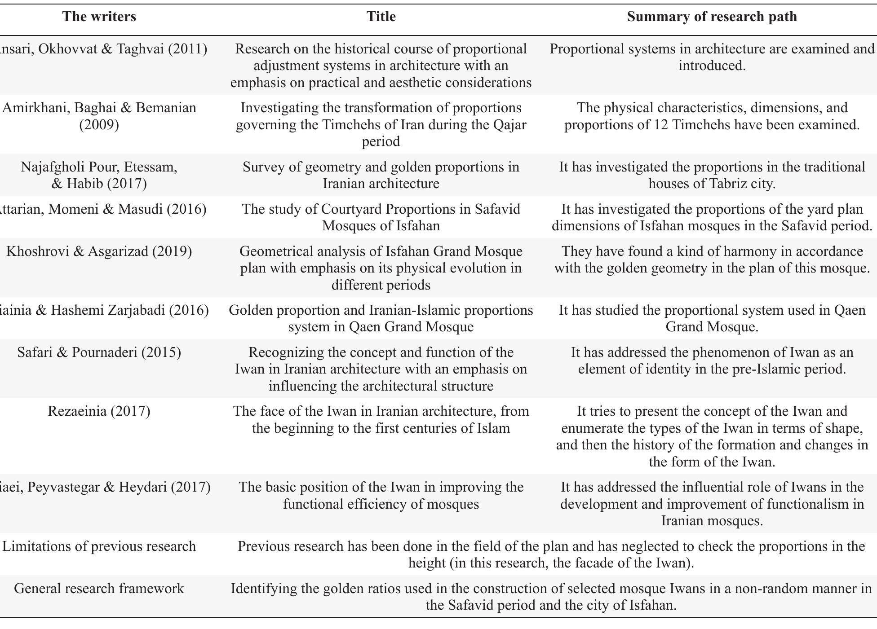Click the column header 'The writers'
point(99,17)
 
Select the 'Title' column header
point(381,17)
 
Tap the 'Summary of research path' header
point(712,17)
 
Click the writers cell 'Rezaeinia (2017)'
point(99,411)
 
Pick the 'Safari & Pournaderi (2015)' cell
point(99,352)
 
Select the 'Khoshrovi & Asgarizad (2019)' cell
point(99,251)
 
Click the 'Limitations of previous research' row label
point(99,546)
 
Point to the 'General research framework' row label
point(99,589)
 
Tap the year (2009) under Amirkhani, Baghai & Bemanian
point(99,125)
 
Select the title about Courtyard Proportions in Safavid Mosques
point(381,217)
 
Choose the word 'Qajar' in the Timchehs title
point(509,125)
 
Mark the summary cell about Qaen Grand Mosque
point(712,318)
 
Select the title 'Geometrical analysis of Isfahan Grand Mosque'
point(381,268)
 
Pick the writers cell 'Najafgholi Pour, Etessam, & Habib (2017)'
point(99,175)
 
